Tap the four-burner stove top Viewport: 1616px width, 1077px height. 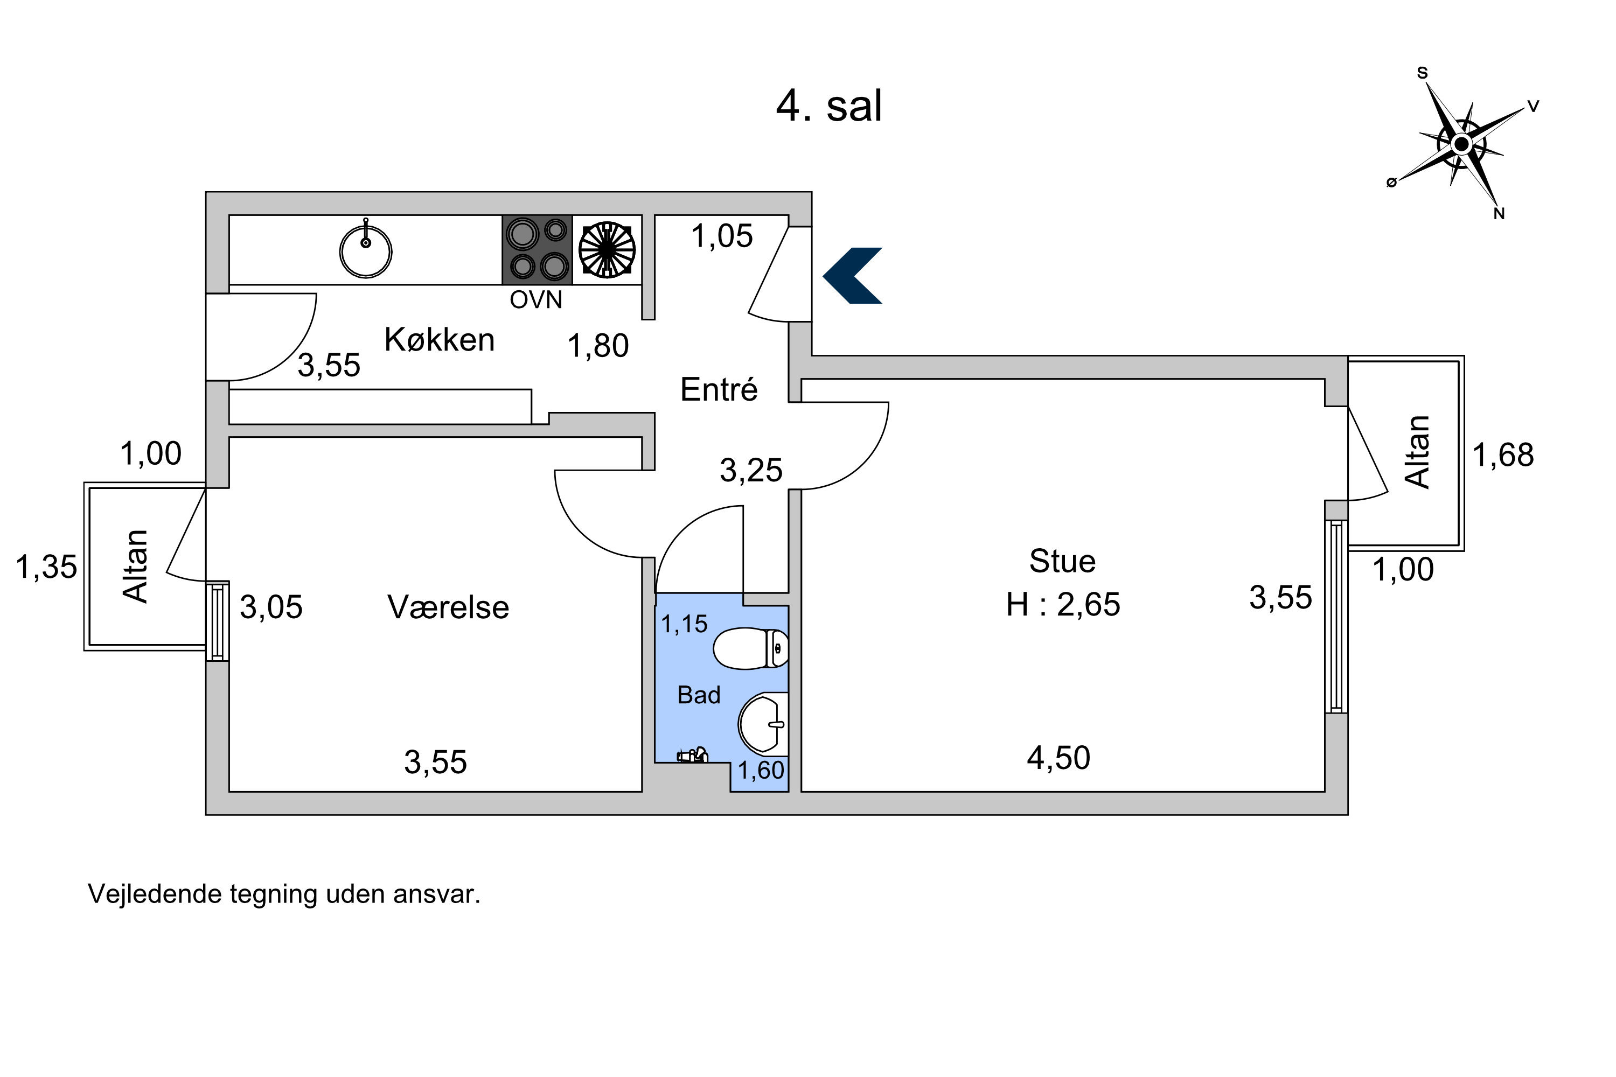[x=537, y=250]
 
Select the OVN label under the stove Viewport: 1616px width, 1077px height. [x=536, y=299]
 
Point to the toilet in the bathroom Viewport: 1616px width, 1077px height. [x=750, y=648]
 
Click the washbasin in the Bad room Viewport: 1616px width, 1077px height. [x=763, y=723]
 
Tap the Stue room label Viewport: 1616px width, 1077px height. [x=1062, y=561]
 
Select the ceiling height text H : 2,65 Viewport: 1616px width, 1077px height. [x=1063, y=604]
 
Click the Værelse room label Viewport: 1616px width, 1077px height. [x=448, y=607]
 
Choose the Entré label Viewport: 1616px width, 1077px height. [x=719, y=389]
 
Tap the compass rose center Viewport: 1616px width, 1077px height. [x=1461, y=144]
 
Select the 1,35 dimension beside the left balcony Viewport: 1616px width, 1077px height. [x=46, y=568]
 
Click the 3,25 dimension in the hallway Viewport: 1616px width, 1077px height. [x=751, y=471]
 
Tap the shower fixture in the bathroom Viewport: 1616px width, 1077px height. [x=693, y=756]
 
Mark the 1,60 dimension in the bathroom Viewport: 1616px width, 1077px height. [x=761, y=770]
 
